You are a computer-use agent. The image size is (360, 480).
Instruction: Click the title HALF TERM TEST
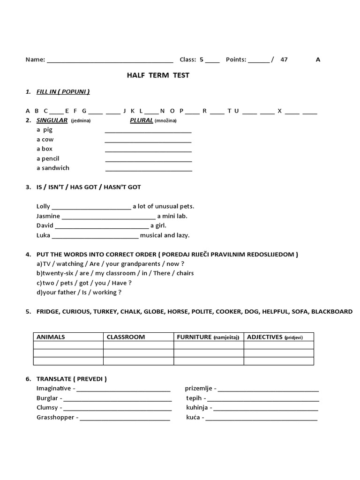pos(158,75)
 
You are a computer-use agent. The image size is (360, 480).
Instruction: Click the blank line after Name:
pos(110,60)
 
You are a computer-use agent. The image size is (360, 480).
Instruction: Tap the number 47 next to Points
pos(284,60)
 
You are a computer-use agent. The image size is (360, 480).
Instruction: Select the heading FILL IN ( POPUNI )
pos(63,91)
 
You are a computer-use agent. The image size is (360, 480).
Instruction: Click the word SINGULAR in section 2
pos(52,120)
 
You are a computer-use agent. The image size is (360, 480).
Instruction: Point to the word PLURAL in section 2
pos(142,120)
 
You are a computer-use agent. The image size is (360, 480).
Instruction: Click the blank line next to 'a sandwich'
pos(149,169)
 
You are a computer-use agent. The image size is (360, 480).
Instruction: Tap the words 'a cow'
pos(45,139)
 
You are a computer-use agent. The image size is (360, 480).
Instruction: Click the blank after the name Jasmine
pos(108,217)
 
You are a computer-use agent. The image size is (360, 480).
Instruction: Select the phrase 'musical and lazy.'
pos(165,235)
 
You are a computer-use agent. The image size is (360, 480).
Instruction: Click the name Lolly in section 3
pos(43,206)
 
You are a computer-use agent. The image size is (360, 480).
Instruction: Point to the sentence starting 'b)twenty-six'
pos(115,273)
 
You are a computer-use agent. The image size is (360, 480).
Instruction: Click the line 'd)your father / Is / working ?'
pos(79,292)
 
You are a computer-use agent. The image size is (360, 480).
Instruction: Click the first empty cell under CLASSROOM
pos(138,345)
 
